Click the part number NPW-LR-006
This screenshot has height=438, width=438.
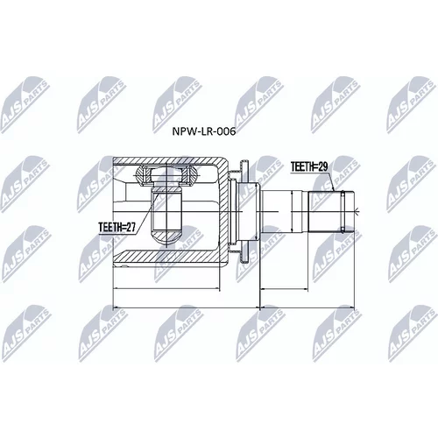[x=204, y=131]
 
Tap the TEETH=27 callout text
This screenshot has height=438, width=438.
[x=117, y=227]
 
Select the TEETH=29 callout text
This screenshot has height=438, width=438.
[x=309, y=166]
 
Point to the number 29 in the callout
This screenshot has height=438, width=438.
[x=322, y=166]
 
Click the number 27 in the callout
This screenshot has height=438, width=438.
[x=131, y=227]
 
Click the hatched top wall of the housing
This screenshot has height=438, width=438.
[x=166, y=160]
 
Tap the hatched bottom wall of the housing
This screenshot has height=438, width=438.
[x=166, y=256]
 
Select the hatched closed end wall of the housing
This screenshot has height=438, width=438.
[x=223, y=209]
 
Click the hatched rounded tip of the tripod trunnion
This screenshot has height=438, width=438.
[x=166, y=236]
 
